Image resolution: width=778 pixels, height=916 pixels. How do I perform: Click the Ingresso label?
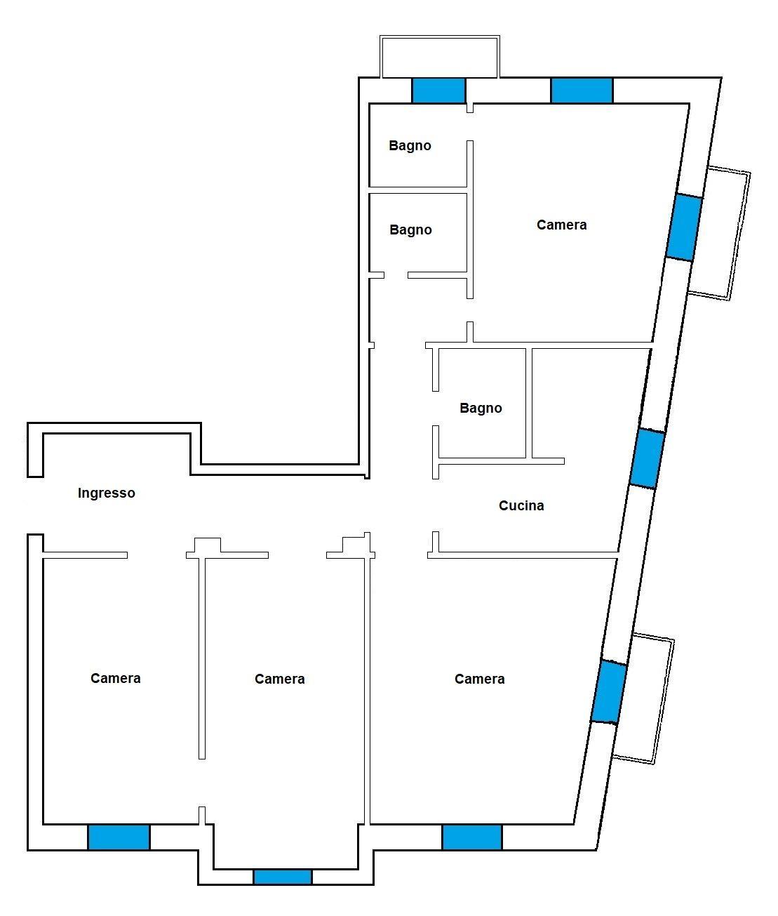(x=106, y=493)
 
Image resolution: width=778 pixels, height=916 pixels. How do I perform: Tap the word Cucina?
(x=521, y=505)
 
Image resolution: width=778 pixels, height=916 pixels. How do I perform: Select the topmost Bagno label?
(x=410, y=146)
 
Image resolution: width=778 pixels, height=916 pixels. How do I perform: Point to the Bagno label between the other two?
(x=410, y=230)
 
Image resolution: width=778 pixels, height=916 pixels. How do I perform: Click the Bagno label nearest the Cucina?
(x=481, y=408)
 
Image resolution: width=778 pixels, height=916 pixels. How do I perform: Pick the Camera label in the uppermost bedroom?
(x=561, y=225)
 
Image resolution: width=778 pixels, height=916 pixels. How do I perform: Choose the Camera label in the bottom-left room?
(x=116, y=679)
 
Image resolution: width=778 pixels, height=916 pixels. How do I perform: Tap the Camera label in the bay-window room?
(x=279, y=679)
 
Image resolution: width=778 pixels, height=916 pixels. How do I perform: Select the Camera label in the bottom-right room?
(x=480, y=679)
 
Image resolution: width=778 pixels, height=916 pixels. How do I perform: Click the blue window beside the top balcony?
(x=438, y=91)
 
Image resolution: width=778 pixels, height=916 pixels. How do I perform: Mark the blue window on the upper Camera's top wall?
(x=582, y=91)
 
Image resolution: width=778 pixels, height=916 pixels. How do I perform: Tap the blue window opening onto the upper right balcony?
(x=684, y=227)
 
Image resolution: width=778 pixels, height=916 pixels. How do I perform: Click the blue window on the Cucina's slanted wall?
(x=647, y=458)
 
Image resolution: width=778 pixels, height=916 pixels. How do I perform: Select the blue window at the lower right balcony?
(x=609, y=692)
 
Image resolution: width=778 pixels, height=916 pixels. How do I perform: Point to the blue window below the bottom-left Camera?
(x=119, y=837)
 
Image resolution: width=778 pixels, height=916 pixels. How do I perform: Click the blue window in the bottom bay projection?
(x=283, y=877)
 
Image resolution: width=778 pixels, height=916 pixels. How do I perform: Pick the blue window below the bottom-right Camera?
(x=472, y=837)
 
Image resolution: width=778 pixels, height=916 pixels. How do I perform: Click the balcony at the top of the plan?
(x=440, y=57)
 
